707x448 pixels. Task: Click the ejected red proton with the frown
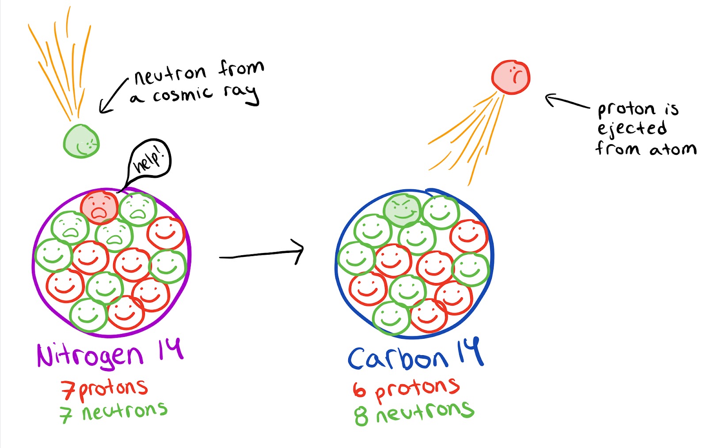point(510,77)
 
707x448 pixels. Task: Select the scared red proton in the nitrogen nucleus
point(99,207)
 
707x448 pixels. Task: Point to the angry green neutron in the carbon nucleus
point(402,210)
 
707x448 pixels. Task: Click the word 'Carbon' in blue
point(398,358)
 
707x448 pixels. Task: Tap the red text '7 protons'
point(104,389)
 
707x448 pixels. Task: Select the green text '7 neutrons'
point(114,412)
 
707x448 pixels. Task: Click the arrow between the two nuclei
point(262,253)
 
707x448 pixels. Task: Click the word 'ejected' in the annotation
point(632,129)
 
